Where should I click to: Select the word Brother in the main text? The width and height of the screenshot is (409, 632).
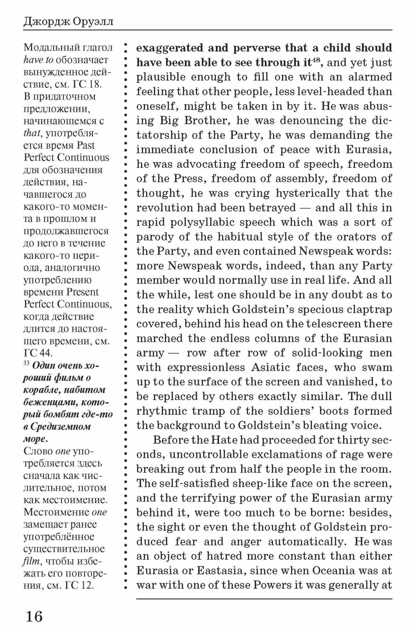pyautogui.click(x=201, y=120)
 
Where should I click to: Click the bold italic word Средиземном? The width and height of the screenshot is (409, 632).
pyautogui.click(x=60, y=427)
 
